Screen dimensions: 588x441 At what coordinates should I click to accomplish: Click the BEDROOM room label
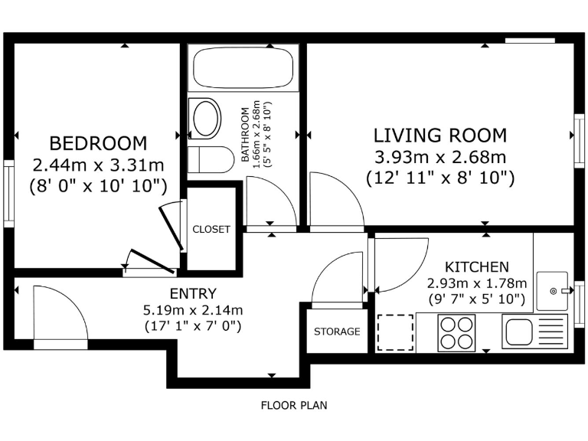98,143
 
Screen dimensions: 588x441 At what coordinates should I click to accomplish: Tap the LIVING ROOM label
440,136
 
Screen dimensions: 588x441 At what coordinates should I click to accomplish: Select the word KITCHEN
477,267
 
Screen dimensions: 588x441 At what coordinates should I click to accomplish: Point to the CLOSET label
211,229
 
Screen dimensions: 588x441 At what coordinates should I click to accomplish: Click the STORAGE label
337,332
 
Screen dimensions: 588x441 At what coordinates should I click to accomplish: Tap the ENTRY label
193,294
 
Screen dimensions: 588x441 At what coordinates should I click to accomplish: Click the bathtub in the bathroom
243,67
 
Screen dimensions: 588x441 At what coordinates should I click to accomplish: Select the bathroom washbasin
204,119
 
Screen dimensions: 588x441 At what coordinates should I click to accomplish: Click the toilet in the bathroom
211,159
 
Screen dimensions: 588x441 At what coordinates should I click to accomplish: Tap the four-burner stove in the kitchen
456,332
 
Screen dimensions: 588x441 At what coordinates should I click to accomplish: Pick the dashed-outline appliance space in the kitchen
395,332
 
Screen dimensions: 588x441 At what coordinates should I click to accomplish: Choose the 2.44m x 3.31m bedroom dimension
98,165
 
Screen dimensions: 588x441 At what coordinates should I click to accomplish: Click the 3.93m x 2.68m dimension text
440,157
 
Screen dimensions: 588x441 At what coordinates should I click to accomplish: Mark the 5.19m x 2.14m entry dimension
193,310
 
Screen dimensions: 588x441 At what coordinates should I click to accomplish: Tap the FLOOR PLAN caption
294,405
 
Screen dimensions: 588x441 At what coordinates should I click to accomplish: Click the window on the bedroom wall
8,194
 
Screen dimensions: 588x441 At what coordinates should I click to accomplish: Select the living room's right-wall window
580,140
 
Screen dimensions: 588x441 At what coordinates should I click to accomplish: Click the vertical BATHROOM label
244,134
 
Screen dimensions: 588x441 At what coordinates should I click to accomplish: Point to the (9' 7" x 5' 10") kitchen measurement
477,299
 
